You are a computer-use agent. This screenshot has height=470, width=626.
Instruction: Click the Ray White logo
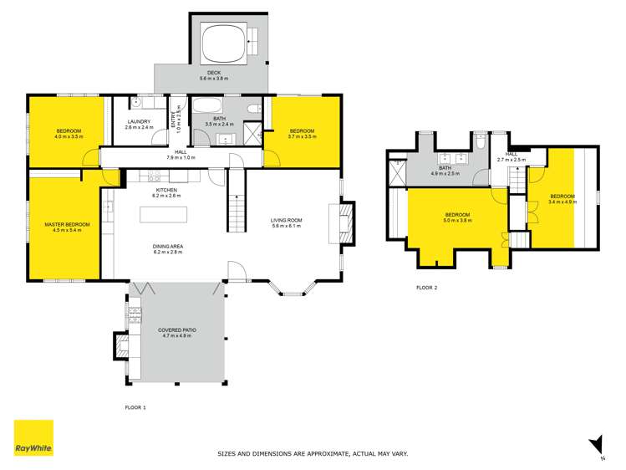click(33, 438)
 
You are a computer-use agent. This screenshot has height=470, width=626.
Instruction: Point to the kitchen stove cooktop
click(153, 176)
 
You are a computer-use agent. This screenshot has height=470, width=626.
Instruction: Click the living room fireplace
click(346, 222)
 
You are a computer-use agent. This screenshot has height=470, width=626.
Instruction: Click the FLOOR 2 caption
click(427, 287)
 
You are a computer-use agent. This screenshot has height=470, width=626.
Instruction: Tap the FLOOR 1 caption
click(135, 406)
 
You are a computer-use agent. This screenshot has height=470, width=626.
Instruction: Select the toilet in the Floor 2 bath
click(480, 142)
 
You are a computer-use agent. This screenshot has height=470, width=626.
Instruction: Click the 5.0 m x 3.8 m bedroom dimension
click(458, 221)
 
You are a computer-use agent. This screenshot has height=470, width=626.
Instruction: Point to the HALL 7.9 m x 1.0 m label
click(181, 155)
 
